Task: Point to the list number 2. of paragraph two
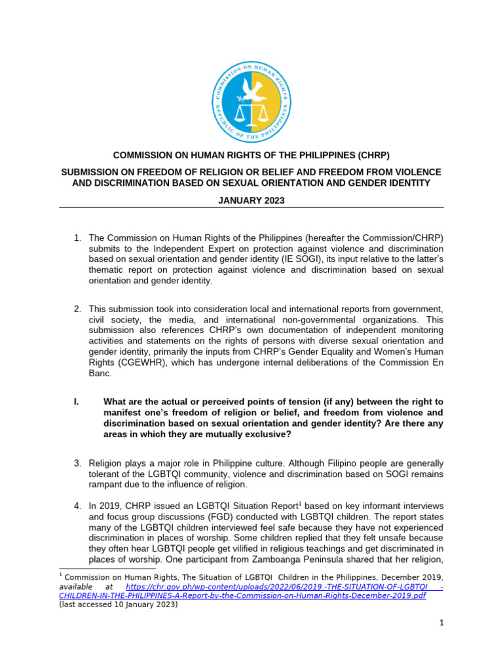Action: point(77,308)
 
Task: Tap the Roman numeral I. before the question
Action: point(76,402)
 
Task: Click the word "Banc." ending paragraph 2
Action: point(102,374)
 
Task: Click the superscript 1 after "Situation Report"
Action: point(300,503)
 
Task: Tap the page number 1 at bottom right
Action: point(442,623)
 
